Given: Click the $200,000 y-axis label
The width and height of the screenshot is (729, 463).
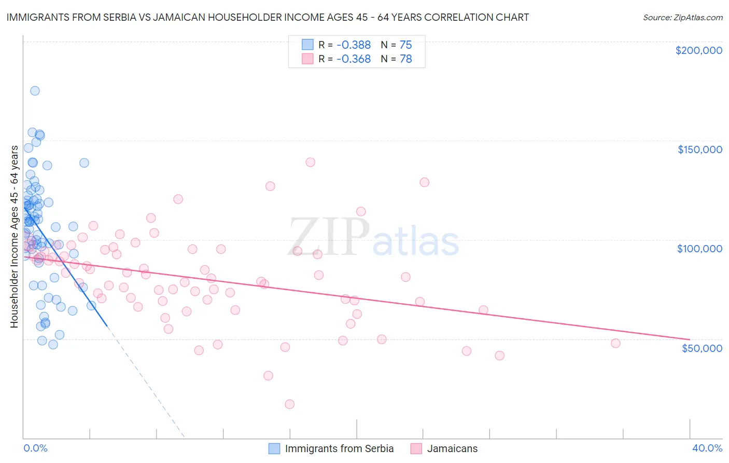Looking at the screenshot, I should point(698,50).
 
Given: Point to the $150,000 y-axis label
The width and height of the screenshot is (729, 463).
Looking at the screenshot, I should point(699,149).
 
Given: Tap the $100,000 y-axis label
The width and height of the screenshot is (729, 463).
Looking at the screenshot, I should point(699,249).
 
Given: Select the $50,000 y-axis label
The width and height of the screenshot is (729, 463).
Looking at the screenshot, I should point(702,348).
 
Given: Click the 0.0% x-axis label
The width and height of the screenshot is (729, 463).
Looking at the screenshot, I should point(35,448).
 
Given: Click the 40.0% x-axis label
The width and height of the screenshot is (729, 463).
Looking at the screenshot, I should point(707,448).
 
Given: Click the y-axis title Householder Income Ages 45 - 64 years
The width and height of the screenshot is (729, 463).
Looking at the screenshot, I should point(14,237).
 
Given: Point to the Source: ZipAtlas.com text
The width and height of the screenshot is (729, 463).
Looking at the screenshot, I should point(682,17).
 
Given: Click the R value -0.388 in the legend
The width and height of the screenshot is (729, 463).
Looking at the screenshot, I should point(354,45).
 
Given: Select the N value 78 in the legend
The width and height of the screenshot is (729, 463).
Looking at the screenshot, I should point(405,59).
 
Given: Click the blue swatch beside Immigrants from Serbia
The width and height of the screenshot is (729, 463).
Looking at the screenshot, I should point(274,448).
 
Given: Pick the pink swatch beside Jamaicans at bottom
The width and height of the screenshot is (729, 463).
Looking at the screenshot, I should point(416,448).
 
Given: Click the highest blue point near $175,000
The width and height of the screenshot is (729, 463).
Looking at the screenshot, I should point(35,91).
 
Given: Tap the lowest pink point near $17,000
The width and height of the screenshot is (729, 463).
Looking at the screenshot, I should point(289,404).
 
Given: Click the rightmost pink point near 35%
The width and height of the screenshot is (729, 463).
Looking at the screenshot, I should point(615,343).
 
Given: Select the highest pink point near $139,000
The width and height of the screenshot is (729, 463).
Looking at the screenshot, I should point(310,162).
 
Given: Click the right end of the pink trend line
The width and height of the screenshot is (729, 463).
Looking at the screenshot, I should point(689,339).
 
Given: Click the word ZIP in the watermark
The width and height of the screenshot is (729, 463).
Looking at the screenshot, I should point(329,237).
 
